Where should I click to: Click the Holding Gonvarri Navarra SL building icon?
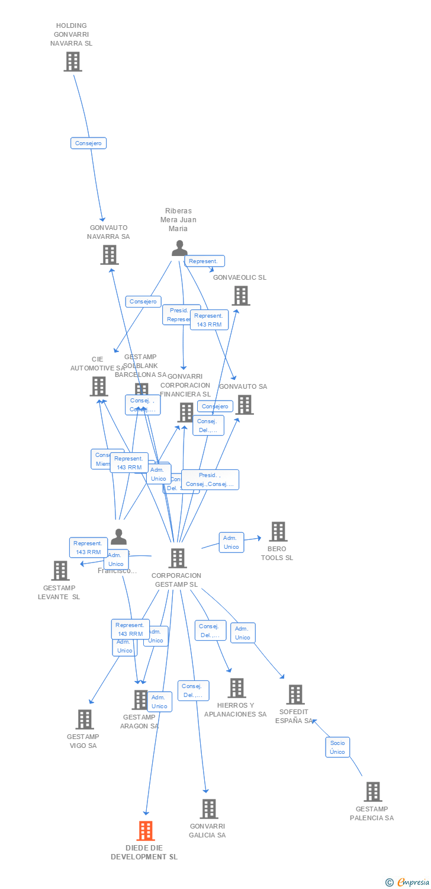[72, 62]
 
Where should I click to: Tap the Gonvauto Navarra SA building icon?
[110, 255]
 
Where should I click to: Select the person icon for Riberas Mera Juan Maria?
[179, 248]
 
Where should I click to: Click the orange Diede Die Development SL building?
[146, 831]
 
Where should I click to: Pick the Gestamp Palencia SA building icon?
[372, 792]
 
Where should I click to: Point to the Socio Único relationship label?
[337, 747]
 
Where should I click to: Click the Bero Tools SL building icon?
[278, 532]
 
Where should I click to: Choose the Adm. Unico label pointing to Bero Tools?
[231, 542]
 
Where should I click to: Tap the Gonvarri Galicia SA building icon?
[208, 809]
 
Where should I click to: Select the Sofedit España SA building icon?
[295, 695]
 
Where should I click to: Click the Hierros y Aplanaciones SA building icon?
[236, 688]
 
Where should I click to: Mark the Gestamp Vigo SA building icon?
[84, 719]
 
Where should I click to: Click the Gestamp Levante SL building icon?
[60, 571]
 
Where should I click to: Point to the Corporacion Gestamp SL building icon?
[177, 558]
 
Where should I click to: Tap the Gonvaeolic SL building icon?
[240, 296]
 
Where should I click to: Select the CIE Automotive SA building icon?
[98, 386]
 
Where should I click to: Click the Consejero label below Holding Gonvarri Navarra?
[89, 143]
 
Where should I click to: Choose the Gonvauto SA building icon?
[244, 405]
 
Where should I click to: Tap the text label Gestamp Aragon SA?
[140, 721]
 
